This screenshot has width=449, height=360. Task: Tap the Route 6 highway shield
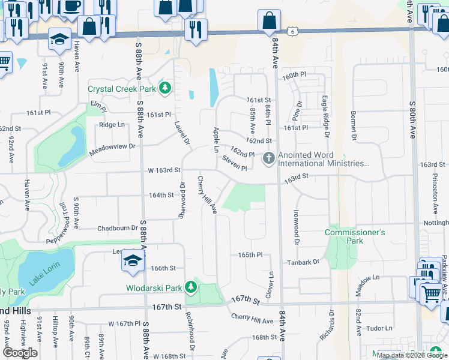(292, 30)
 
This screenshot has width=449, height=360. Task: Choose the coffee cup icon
(72, 6)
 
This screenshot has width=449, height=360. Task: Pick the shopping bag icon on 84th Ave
(269, 20)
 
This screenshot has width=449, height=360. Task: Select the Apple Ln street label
(215, 139)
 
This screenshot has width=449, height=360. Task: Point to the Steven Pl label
(234, 163)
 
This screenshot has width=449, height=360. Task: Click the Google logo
(20, 353)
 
